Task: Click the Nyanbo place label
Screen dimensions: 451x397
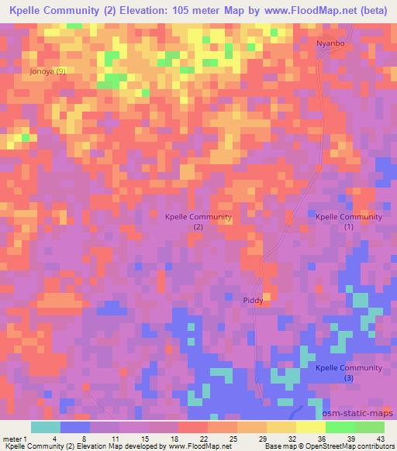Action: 329,44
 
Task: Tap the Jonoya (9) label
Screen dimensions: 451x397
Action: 48,71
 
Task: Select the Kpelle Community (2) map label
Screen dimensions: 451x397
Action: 198,222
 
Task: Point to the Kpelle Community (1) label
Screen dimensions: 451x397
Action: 349,222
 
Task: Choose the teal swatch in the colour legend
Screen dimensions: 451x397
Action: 46,428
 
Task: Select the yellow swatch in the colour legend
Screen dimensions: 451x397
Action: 310,428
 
